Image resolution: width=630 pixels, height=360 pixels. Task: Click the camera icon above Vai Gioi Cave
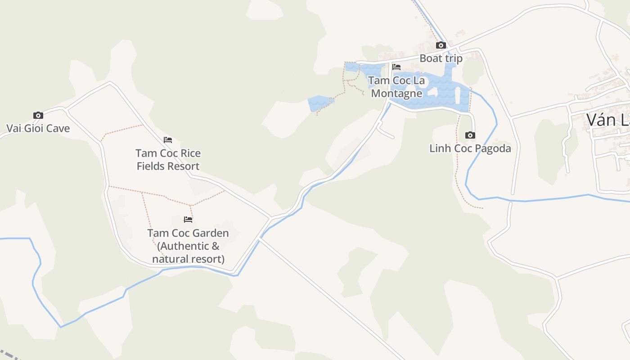[38, 115]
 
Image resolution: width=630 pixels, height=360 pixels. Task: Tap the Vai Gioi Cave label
[38, 128]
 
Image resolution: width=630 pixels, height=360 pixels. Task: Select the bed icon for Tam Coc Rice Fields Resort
[168, 140]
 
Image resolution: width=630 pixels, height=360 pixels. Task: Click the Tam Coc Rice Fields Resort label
[168, 159]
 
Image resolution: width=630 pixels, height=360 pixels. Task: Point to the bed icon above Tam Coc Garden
[188, 220]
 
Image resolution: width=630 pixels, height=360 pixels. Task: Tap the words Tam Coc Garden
[188, 233]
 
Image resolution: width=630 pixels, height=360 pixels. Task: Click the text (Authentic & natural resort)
[188, 252]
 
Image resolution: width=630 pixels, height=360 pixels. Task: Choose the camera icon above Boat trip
[441, 45]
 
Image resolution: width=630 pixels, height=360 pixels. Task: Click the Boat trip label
[441, 58]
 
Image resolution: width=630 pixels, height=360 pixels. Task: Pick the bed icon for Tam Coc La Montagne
[396, 67]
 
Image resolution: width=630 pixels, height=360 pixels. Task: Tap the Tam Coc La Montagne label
[396, 87]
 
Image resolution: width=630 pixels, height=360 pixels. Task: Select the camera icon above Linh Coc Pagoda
[470, 135]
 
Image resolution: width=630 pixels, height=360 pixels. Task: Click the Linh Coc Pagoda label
[470, 148]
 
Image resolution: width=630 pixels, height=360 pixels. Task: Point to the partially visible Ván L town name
[607, 120]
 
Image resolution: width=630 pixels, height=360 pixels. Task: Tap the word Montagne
[396, 93]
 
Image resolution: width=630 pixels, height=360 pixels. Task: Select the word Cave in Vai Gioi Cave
[58, 128]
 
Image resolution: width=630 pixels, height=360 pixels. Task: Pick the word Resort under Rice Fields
[182, 166]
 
